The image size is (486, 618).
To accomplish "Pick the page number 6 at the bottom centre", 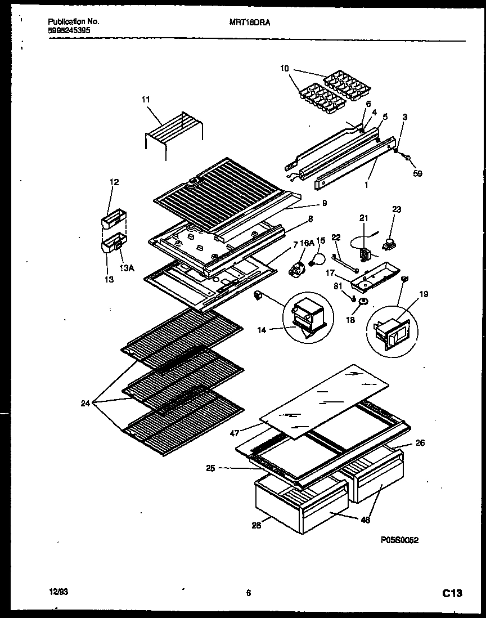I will click(x=247, y=592).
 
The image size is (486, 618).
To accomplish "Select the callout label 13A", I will click(x=128, y=268).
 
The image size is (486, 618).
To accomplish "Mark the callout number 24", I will click(x=85, y=403).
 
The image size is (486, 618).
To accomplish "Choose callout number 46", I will click(x=365, y=520).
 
